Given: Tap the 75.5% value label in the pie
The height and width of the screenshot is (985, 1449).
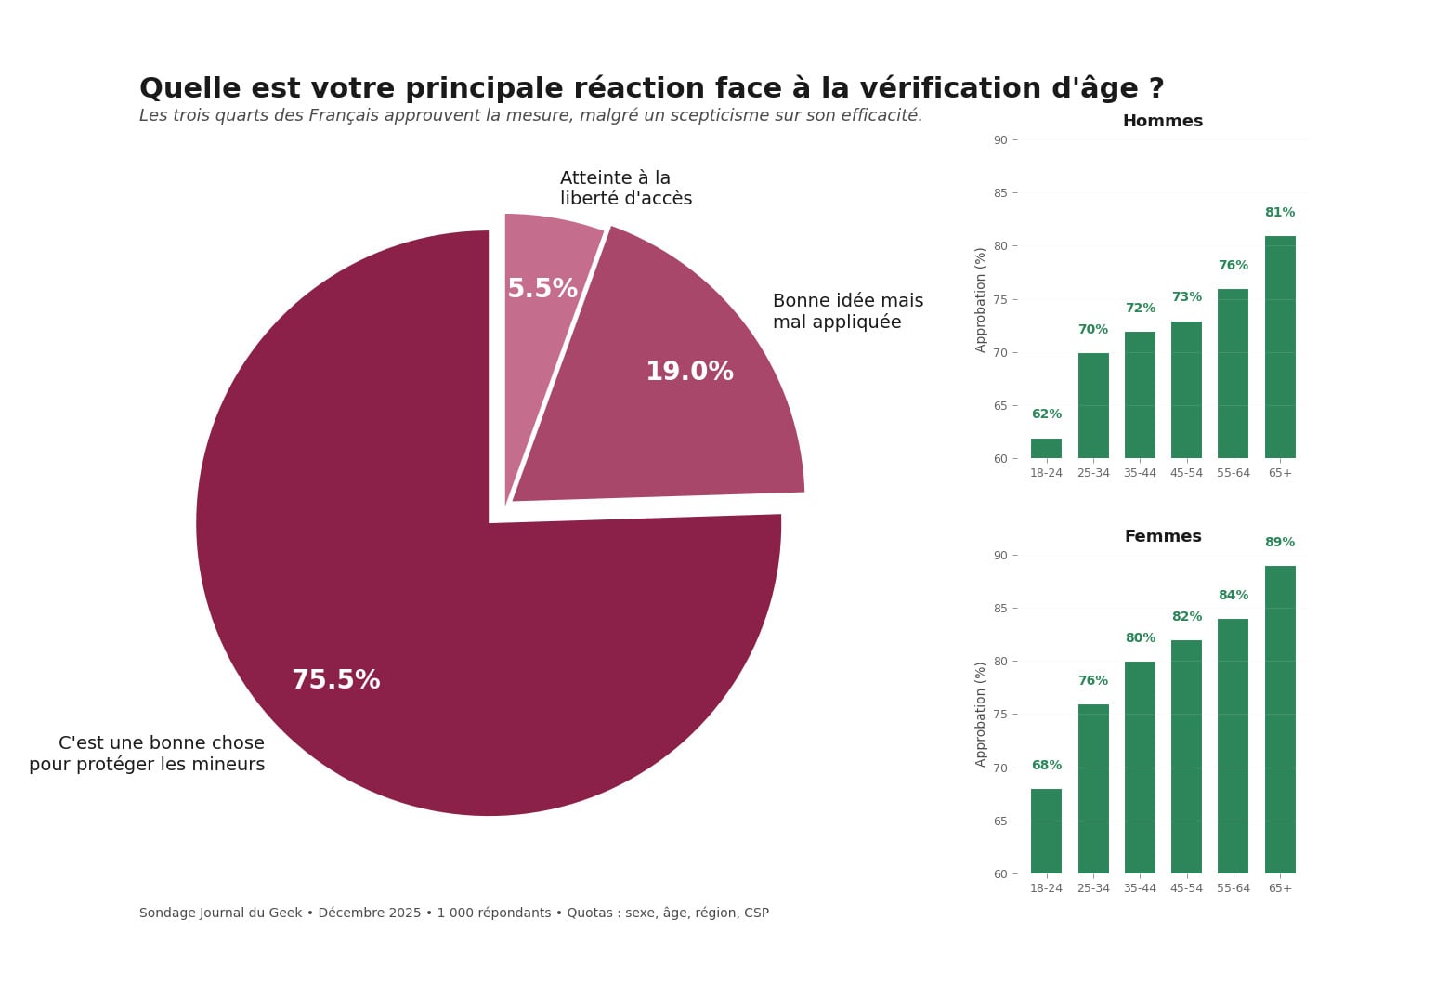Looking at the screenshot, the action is tap(335, 680).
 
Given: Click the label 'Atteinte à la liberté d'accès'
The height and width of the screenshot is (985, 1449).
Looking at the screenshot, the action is tap(625, 188).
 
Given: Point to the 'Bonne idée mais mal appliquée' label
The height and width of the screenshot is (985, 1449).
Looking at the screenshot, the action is tap(847, 311).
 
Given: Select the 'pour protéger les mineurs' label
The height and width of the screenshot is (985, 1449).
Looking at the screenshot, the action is tap(147, 765).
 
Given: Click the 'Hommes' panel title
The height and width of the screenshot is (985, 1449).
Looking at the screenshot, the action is tap(1162, 121).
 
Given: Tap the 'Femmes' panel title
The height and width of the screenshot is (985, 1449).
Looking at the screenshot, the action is tap(1162, 536).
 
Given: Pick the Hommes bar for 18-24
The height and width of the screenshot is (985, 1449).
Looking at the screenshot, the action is tap(1046, 449).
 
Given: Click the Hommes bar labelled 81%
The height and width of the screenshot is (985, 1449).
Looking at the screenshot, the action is tap(1280, 347).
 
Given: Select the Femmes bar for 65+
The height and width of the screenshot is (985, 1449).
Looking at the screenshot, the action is tap(1280, 719).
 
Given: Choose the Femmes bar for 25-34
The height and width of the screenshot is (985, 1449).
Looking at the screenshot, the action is tap(1093, 789).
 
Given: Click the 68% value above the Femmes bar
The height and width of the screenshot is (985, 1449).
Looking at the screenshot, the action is tap(1046, 766).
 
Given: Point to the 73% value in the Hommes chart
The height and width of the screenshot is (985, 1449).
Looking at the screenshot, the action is tap(1186, 297).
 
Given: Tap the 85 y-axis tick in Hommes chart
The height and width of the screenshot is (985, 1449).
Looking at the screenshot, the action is tap(1000, 193).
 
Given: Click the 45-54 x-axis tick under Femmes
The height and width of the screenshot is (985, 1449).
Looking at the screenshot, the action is tap(1186, 888).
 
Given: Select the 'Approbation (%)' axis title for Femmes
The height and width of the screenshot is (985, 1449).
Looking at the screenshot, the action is tap(981, 715).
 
